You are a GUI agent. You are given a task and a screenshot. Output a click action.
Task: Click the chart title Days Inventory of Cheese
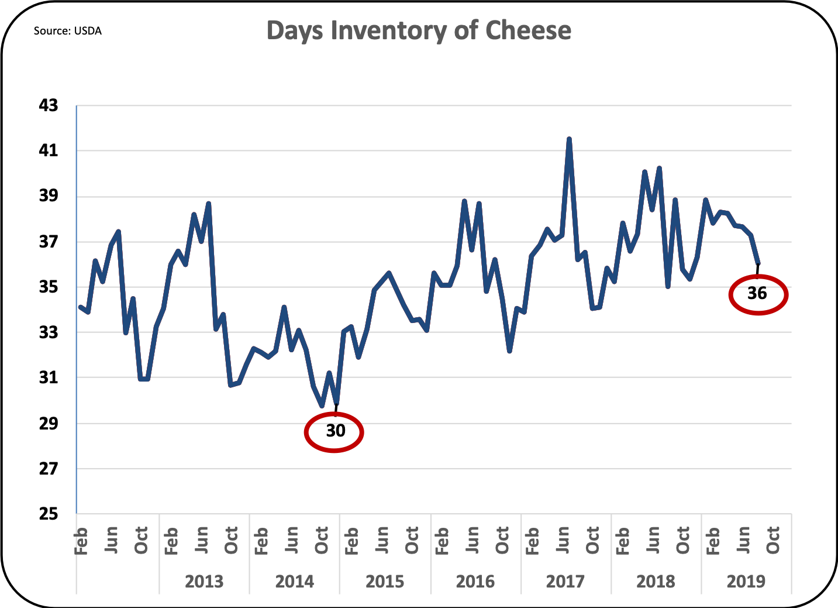click(x=419, y=30)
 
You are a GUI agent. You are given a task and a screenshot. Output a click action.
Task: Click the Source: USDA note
click(x=67, y=31)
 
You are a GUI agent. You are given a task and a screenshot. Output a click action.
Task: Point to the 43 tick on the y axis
click(x=49, y=105)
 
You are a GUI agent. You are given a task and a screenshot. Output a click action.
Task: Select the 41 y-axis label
click(x=49, y=150)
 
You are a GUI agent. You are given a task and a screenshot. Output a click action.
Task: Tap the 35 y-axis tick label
click(x=49, y=287)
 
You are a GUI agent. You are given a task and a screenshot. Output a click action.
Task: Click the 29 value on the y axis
click(x=49, y=423)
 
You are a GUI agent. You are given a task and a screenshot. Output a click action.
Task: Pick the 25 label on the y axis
click(x=49, y=514)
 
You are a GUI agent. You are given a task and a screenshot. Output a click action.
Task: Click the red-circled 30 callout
click(x=334, y=431)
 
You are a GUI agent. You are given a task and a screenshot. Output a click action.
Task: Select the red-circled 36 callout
click(x=757, y=293)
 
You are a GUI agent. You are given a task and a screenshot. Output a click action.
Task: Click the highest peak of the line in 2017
click(x=569, y=139)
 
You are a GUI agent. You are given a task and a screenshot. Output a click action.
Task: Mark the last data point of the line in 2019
click(x=758, y=263)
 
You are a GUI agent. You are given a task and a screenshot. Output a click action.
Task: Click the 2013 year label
click(x=204, y=581)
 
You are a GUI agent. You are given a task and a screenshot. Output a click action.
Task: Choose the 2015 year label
click(x=384, y=581)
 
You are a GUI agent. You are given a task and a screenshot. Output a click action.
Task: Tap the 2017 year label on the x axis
click(x=565, y=581)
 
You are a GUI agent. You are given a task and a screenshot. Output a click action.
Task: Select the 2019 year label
click(x=746, y=581)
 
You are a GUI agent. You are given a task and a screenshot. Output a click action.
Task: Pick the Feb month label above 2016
click(x=442, y=540)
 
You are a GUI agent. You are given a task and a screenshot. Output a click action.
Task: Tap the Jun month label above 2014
click(x=291, y=540)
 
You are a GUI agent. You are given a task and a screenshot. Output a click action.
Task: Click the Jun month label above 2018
click(x=652, y=540)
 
